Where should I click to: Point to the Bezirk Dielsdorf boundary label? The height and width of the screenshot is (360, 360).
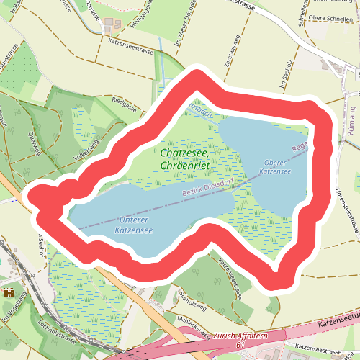pyautogui.click(x=204, y=188)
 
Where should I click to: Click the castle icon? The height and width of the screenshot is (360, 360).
pyautogui.click(x=9, y=292)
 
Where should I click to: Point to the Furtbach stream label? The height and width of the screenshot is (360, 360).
pyautogui.click(x=198, y=110)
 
